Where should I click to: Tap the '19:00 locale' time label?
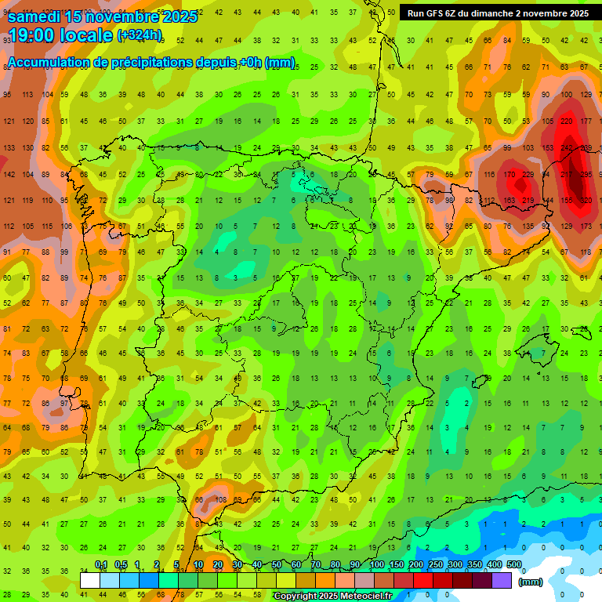tap(60, 35)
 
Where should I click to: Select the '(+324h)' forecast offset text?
tap(140, 35)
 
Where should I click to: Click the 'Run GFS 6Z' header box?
tap(498, 13)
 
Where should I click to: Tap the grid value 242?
tap(567, 148)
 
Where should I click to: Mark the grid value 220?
tap(567, 121)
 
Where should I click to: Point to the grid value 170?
tap(509, 174)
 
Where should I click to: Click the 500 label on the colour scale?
tap(513, 564)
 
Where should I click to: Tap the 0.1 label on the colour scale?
tap(101, 564)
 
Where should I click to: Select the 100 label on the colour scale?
tap(376, 564)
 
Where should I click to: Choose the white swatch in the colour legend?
tap(90, 580)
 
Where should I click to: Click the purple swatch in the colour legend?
tap(502, 580)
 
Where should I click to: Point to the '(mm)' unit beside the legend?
tap(531, 582)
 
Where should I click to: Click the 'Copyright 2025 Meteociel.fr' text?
tap(332, 596)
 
